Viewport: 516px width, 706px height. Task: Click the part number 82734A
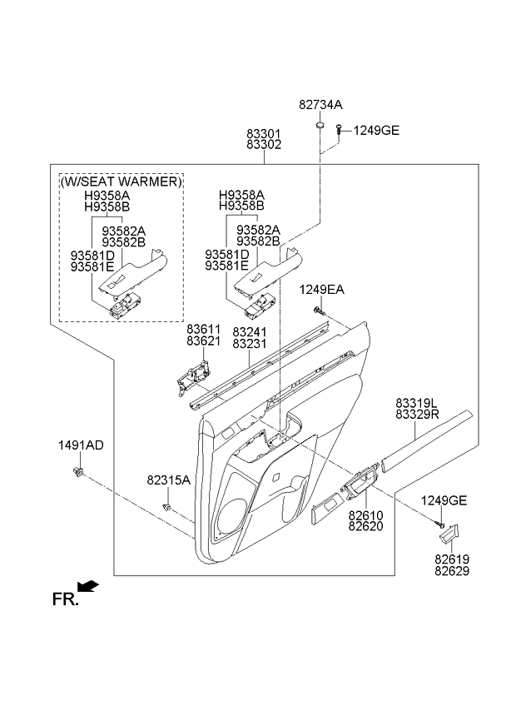[x=320, y=105]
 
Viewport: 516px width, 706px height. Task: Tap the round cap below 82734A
[x=320, y=126]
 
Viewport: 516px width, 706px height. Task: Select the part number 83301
[x=263, y=132]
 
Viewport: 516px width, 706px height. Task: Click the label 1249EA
[x=322, y=289]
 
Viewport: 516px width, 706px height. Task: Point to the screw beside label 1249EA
[x=319, y=310]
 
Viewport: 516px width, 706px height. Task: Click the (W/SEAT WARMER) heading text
[x=121, y=181]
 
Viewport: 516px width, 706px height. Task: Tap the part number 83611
[x=202, y=330]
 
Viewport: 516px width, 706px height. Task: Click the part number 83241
[x=249, y=331]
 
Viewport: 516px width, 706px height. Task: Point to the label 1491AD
[x=80, y=445]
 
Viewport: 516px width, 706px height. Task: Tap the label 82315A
[x=169, y=480]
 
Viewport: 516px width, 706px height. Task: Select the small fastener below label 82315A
[x=167, y=507]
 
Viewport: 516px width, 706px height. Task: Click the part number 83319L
[x=422, y=402]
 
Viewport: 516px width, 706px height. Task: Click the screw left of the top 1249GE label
[x=340, y=129]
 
